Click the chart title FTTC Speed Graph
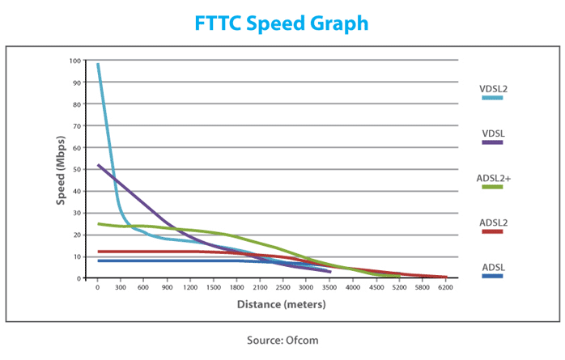pyautogui.click(x=282, y=23)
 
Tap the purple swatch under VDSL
pyautogui.click(x=491, y=142)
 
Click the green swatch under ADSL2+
pyautogui.click(x=491, y=187)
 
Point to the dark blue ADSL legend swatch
pyautogui.click(x=491, y=276)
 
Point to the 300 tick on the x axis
pyautogui.click(x=119, y=288)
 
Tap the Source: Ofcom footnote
pyautogui.click(x=282, y=340)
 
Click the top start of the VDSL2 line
pyautogui.click(x=98, y=64)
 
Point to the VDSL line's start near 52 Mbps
pyautogui.click(x=98, y=165)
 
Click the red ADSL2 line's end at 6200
pyautogui.click(x=444, y=277)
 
